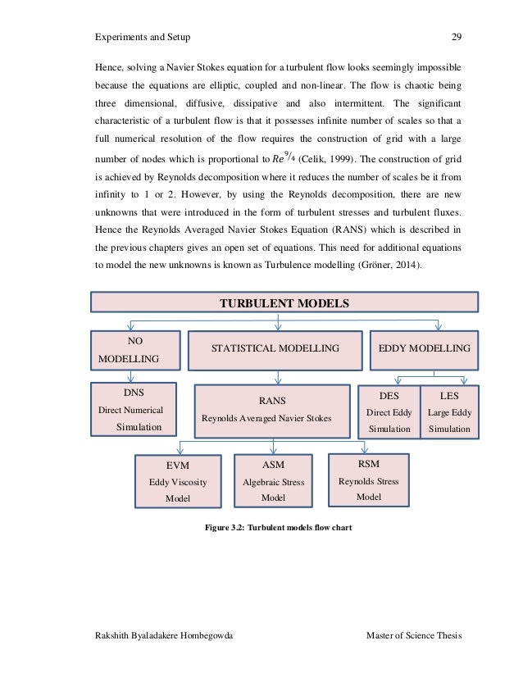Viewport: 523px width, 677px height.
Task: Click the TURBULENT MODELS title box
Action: [x=284, y=303]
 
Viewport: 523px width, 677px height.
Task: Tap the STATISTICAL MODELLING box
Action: [x=275, y=349]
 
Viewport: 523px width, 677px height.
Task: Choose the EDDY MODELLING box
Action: [x=424, y=349]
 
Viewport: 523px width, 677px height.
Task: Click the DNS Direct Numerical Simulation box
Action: [x=133, y=409]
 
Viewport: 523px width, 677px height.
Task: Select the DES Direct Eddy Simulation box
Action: [x=389, y=411]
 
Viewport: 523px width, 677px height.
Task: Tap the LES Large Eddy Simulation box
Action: [x=449, y=411]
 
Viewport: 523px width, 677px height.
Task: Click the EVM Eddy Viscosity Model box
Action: [x=177, y=482]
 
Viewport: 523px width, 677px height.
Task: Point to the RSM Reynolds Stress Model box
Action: [x=369, y=479]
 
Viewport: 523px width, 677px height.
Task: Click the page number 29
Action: [x=457, y=37]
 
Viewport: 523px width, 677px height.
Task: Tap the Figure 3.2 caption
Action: [x=278, y=528]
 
